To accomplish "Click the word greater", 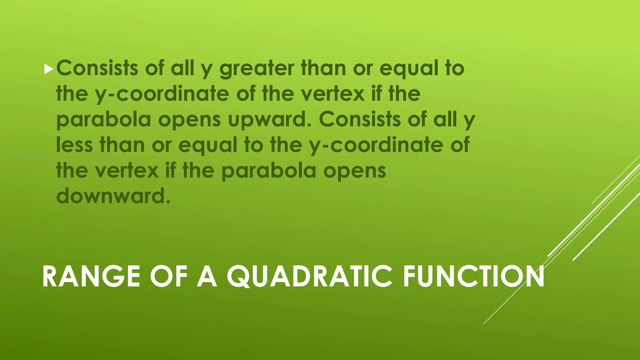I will point(257,69).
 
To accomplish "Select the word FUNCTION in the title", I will point(474,277).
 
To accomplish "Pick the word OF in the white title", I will point(169,277).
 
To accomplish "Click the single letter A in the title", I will point(207,277).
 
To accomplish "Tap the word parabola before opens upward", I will point(103,120).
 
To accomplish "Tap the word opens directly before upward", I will point(189,120).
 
